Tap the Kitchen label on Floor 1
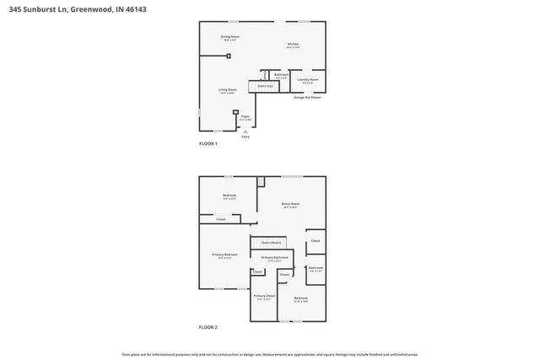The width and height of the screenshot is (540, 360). [293, 44]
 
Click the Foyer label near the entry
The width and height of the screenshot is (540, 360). [246, 117]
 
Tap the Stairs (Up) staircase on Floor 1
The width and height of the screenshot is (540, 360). [265, 86]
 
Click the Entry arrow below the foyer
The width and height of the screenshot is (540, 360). [246, 132]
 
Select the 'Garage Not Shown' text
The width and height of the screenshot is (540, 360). [307, 97]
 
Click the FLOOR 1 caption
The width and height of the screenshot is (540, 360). [208, 144]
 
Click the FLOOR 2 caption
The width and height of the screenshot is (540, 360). [208, 326]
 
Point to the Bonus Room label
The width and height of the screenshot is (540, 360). [291, 204]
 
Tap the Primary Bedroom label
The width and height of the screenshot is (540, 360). [224, 255]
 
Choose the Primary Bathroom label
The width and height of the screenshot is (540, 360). [275, 258]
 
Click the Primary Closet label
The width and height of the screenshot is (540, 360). [264, 297]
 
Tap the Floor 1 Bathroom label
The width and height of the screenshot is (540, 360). [282, 75]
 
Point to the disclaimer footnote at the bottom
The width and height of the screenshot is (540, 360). [270, 354]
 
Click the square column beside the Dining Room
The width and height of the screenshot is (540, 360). [229, 56]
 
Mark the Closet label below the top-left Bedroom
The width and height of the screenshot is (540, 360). [220, 219]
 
